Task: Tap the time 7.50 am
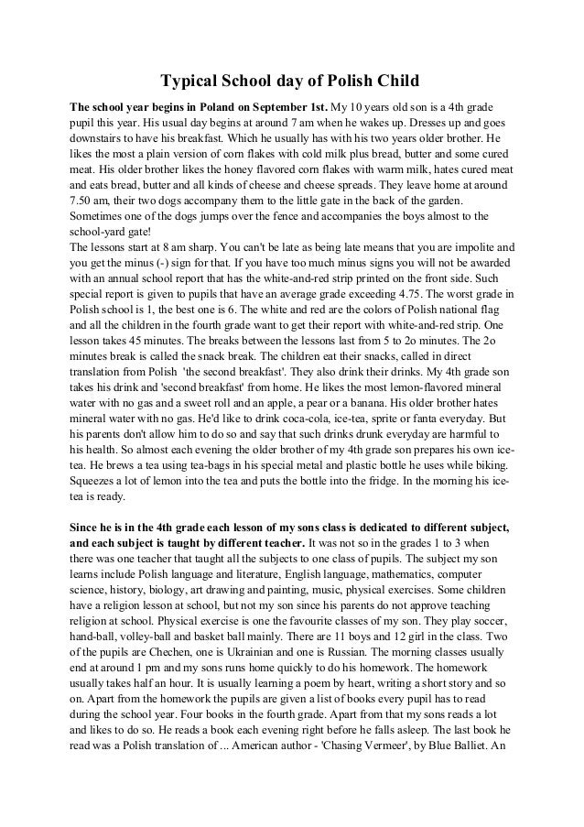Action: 87,200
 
